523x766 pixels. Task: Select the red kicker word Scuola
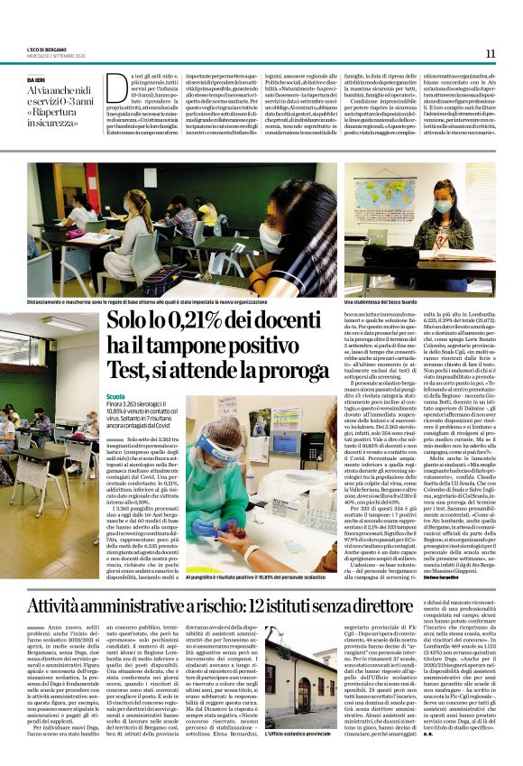116,397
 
